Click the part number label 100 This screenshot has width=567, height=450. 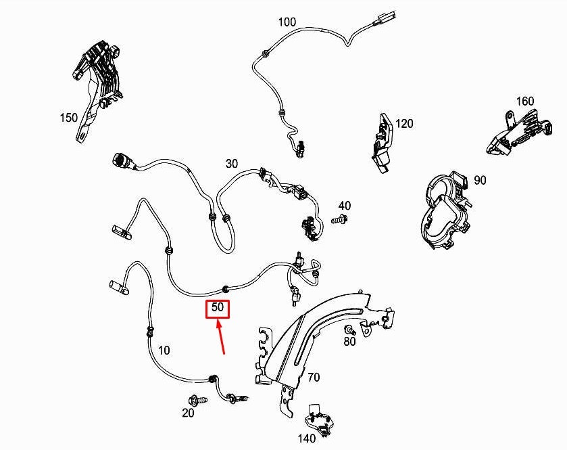click(287, 22)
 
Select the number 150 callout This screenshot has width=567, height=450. click(68, 118)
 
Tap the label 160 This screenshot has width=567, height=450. click(524, 101)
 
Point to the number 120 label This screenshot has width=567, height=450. click(404, 124)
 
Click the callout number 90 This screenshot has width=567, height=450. click(480, 180)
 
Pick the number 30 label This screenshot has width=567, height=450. click(232, 164)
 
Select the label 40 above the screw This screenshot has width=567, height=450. click(344, 206)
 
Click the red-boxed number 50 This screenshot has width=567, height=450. click(218, 307)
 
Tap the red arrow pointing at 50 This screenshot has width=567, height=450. click(221, 337)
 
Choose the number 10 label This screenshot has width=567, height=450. click(164, 350)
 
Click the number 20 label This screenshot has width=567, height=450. click(188, 413)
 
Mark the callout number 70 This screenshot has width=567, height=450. click(314, 377)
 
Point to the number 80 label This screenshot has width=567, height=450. click(349, 341)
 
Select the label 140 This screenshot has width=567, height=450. click(307, 438)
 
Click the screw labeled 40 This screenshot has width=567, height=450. click(340, 219)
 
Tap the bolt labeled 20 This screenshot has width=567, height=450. click(197, 400)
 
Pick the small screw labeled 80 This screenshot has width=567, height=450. click(350, 330)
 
